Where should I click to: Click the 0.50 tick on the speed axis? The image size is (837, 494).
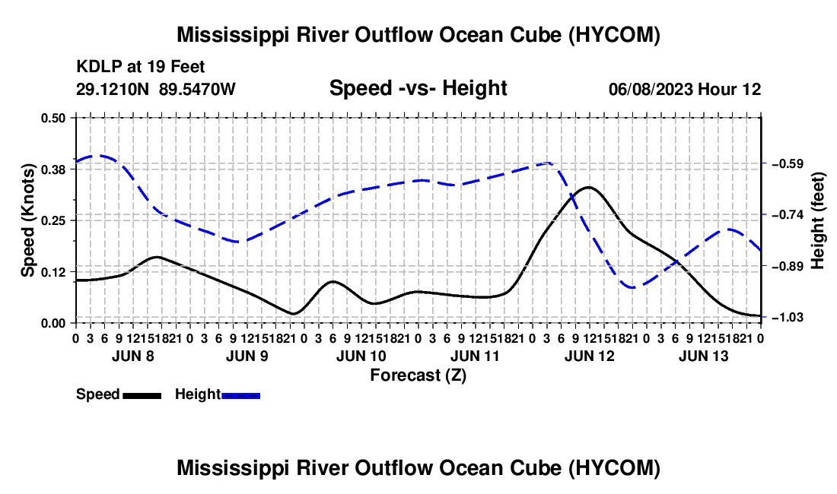[53, 118]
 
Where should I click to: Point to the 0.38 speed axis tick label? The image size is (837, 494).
[53, 169]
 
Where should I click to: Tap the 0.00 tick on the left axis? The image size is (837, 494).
[53, 323]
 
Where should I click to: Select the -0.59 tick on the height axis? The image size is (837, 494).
[788, 163]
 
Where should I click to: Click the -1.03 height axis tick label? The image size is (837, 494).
[788, 318]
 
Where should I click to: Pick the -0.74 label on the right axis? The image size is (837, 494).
[788, 215]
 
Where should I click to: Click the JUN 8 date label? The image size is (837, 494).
[133, 356]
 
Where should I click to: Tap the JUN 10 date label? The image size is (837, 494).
[361, 356]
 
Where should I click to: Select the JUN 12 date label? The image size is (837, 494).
[589, 356]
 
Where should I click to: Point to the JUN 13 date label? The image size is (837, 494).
[704, 356]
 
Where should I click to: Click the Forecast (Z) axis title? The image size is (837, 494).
[418, 375]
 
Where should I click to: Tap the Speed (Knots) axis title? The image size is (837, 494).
[27, 220]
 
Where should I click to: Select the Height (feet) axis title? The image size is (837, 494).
[818, 220]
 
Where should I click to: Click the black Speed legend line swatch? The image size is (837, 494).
[142, 395]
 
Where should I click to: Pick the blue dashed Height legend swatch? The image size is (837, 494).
[240, 395]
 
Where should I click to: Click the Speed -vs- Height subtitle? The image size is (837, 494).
[418, 88]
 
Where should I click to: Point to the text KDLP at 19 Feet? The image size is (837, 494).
[141, 67]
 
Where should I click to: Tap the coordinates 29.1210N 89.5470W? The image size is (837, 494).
[155, 89]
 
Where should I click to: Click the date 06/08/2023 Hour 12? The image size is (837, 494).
[685, 89]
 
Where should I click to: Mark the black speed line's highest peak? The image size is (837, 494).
[588, 187]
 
